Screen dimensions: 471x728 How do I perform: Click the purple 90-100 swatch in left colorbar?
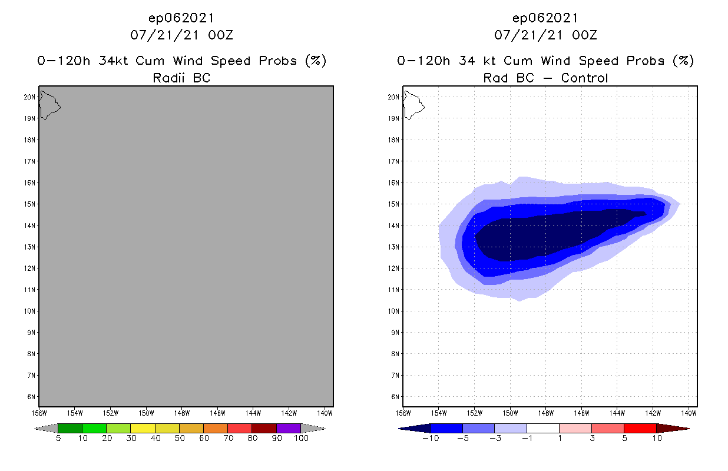(x=289, y=428)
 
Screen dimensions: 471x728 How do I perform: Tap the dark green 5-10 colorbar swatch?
(x=70, y=428)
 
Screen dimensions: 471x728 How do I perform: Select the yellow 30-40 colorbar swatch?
(x=143, y=428)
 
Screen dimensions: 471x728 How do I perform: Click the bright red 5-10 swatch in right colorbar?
(x=640, y=428)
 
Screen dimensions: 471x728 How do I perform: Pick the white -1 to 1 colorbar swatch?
(x=542, y=428)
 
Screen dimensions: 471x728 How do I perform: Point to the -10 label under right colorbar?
(x=429, y=439)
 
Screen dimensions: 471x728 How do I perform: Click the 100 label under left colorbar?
(x=301, y=439)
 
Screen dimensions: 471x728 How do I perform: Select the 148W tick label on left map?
(x=182, y=413)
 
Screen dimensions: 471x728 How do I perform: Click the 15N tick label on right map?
(x=393, y=204)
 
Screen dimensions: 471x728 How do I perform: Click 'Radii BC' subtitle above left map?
(x=181, y=78)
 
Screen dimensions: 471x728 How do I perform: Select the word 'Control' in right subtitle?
(x=584, y=78)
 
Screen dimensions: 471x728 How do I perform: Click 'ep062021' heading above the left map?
(x=181, y=18)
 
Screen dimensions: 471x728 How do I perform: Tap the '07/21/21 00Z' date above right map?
(x=545, y=35)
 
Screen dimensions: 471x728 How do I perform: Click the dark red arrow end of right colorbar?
(x=672, y=428)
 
